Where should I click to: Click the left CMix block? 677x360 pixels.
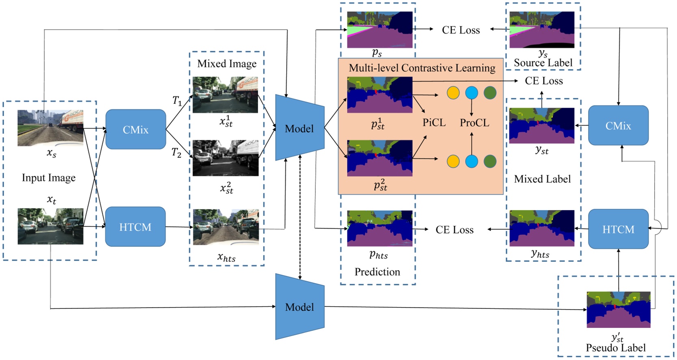(x=136, y=129)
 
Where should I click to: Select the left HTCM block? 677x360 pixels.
(x=135, y=227)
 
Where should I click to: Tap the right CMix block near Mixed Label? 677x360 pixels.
(x=618, y=126)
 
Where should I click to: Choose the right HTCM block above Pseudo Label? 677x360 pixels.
(x=618, y=229)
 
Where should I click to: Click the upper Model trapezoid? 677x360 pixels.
(x=299, y=128)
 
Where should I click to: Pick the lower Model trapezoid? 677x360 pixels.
(x=299, y=307)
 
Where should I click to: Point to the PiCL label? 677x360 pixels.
(x=434, y=123)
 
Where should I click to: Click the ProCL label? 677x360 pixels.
(x=474, y=123)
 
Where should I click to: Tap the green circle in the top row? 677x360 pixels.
(x=490, y=93)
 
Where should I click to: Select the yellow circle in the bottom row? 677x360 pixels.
(x=453, y=162)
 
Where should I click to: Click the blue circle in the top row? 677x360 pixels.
(x=471, y=93)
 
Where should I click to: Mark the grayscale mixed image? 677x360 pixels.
(x=225, y=158)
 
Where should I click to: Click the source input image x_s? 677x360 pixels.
(x=50, y=128)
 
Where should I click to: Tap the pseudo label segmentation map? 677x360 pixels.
(x=618, y=310)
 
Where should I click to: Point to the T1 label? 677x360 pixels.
(x=177, y=101)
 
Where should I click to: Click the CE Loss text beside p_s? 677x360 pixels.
(x=461, y=30)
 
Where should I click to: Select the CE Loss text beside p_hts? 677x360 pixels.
(x=454, y=230)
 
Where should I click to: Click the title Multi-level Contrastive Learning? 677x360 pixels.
(x=422, y=68)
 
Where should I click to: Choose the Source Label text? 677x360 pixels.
(x=543, y=63)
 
